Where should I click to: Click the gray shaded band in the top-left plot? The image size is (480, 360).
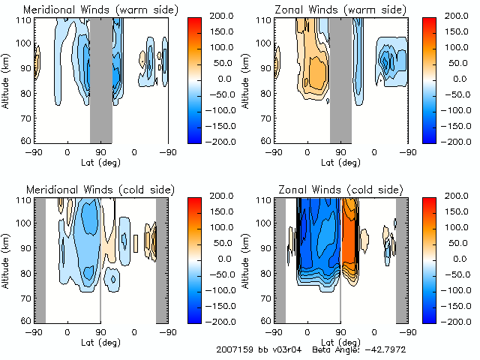click(101, 79)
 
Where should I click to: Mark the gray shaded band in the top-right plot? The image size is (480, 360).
click(340, 79)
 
